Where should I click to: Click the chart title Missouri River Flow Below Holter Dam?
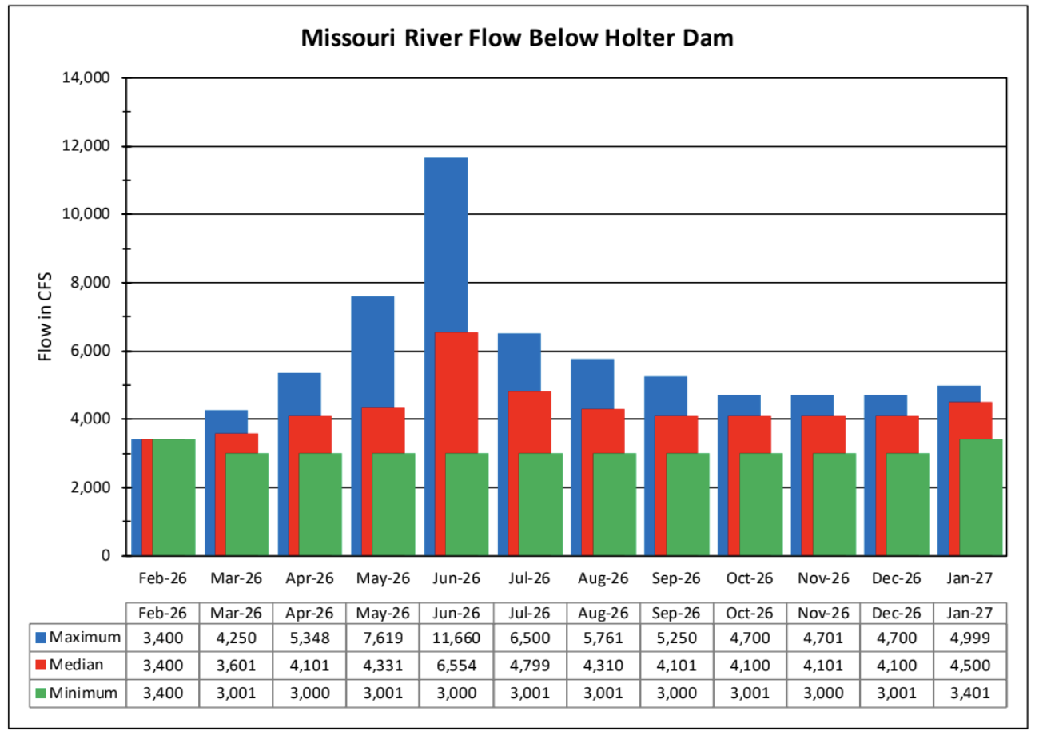[517, 38]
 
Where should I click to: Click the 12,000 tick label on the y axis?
[86, 146]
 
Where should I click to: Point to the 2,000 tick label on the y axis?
[90, 487]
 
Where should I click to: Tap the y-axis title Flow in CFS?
[45, 316]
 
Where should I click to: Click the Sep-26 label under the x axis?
[675, 578]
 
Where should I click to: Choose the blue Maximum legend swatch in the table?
[41, 638]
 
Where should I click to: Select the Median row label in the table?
[76, 665]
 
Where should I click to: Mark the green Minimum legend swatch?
[41, 693]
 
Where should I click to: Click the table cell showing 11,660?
[456, 638]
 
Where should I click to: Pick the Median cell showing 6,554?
[456, 666]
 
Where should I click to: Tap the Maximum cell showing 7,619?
[383, 638]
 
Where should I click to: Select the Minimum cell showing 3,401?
[969, 693]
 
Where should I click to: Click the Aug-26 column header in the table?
[603, 614]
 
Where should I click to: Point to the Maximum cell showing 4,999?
[969, 638]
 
